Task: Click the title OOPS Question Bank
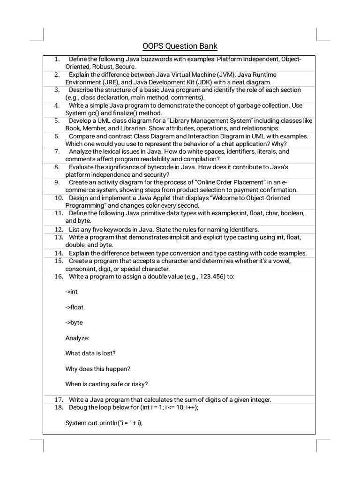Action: coord(180,46)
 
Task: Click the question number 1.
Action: coord(57,59)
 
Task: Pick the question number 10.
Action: coord(59,198)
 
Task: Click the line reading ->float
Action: coord(74,307)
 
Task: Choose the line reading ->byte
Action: coord(74,323)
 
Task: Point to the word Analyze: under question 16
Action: coord(77,338)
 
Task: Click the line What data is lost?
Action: coord(90,353)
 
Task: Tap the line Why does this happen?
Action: coord(97,369)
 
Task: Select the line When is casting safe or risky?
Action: coord(106,384)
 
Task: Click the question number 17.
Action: coord(59,399)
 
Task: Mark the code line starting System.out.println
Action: coord(104,423)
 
